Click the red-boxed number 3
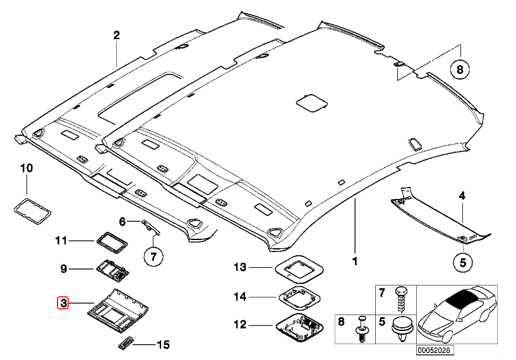click(63, 303)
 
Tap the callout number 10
click(27, 169)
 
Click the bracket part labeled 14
click(297, 296)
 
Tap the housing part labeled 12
click(300, 327)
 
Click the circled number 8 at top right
click(460, 69)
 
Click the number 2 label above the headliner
click(116, 35)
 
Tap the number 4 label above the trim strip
click(462, 196)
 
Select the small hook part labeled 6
click(150, 225)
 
